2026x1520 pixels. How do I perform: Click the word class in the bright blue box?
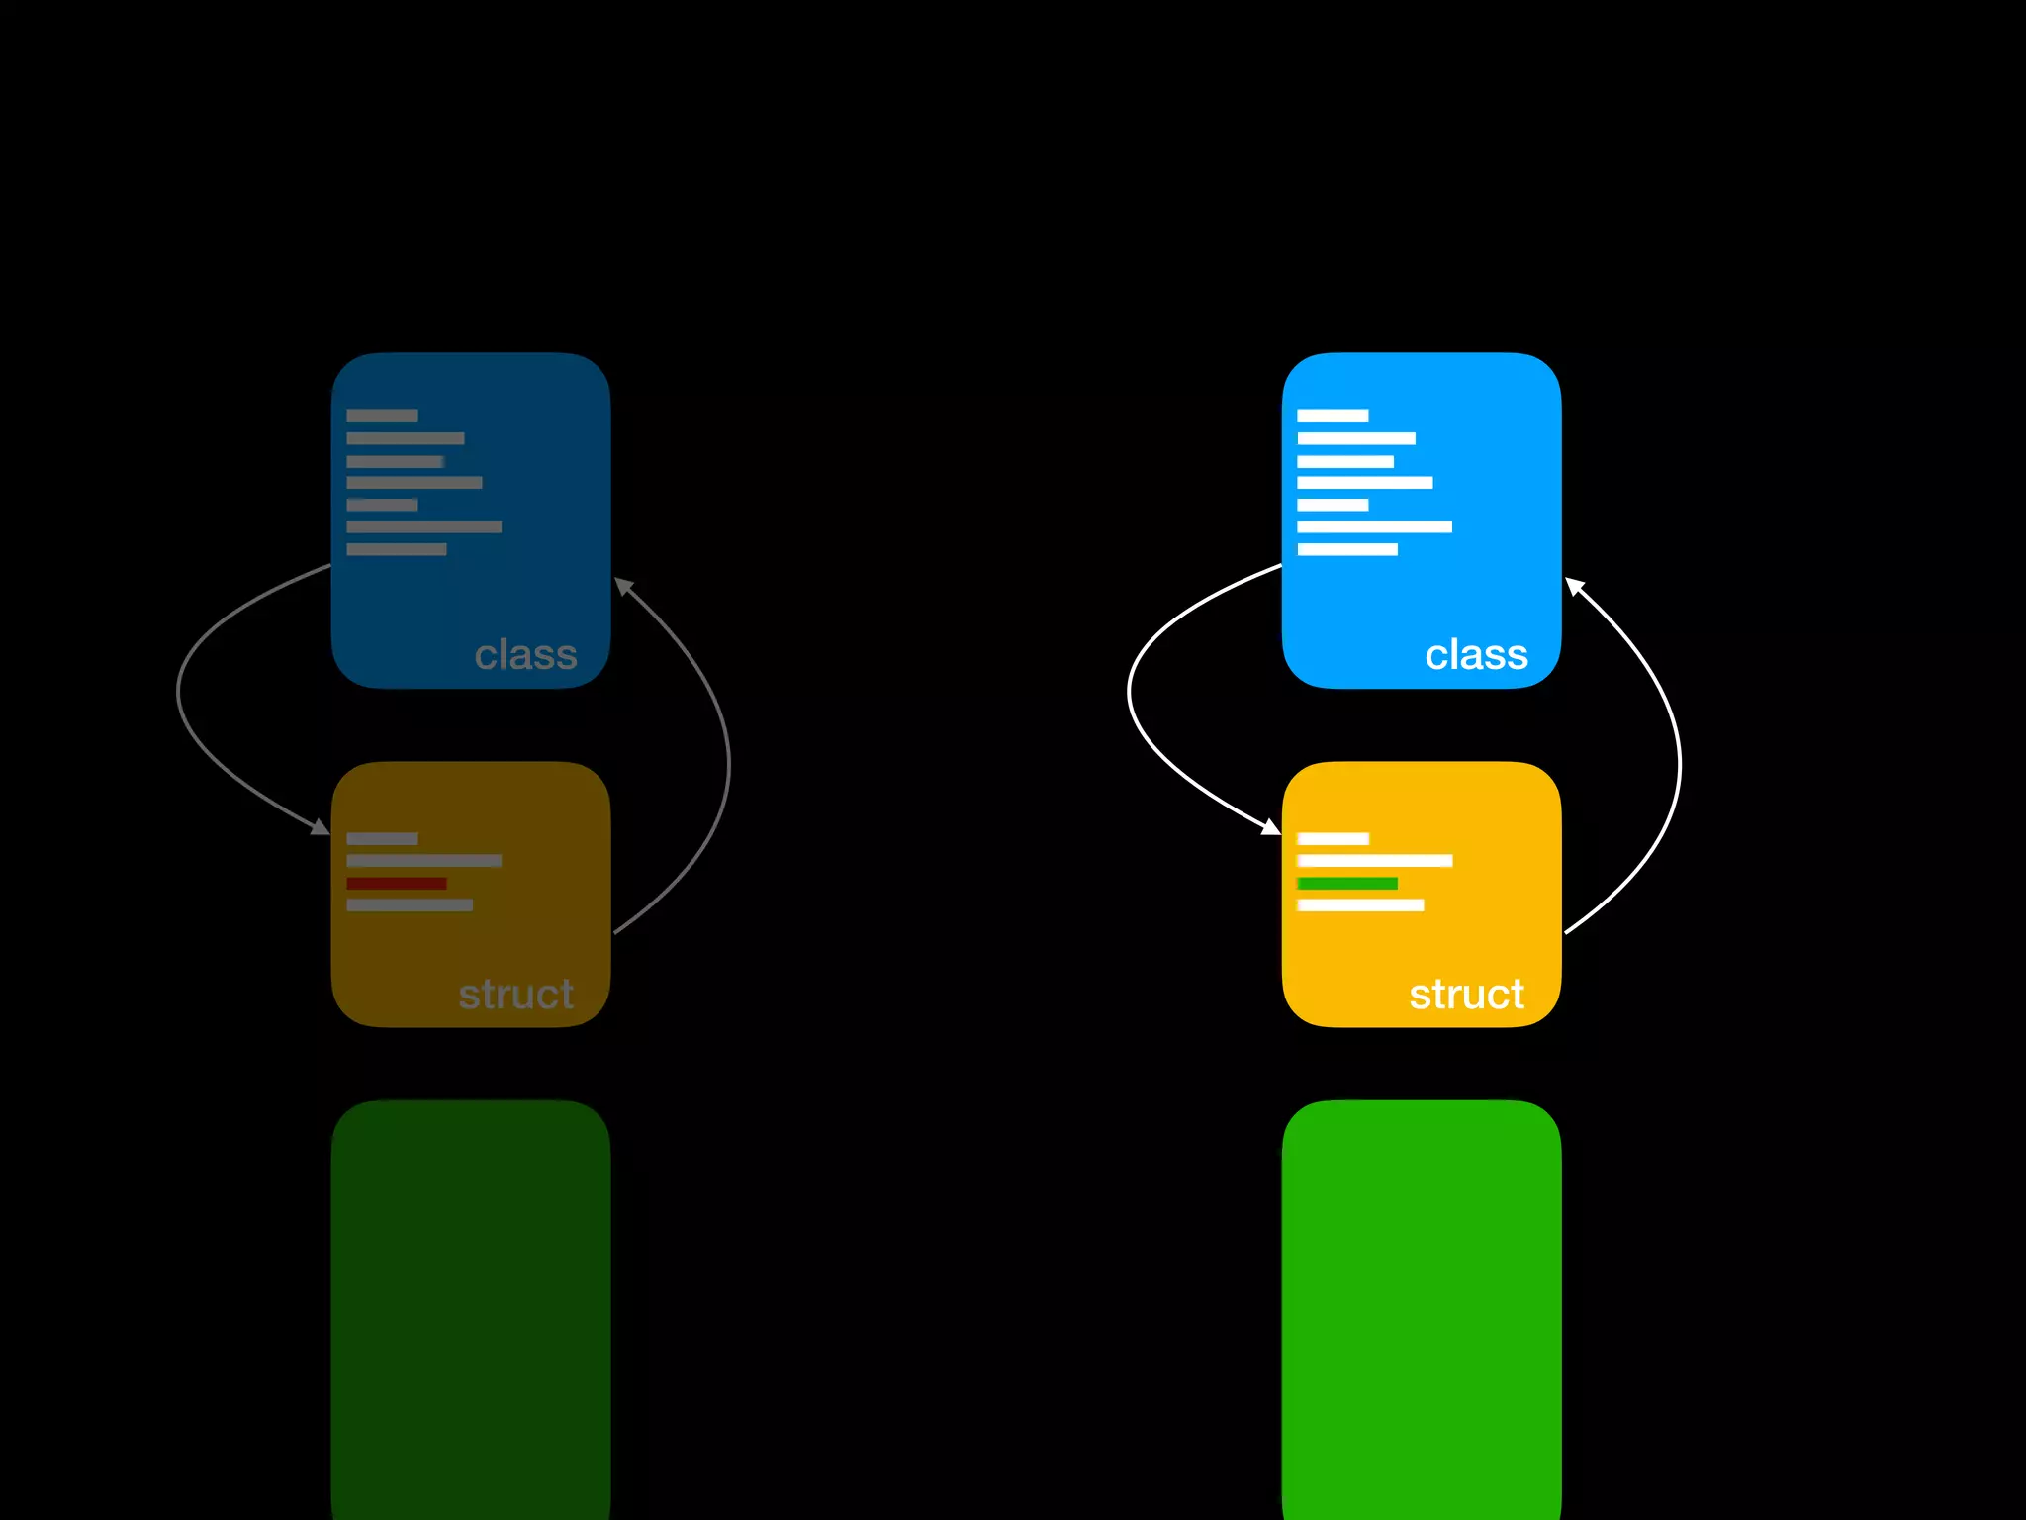[x=1476, y=655]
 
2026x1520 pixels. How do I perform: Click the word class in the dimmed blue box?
[x=525, y=655]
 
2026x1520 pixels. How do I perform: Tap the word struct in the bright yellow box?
[x=1466, y=995]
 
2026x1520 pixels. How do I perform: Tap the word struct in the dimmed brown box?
[x=515, y=995]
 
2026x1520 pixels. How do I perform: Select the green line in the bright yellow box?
[x=1346, y=883]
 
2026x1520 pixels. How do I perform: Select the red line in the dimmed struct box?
[x=396, y=883]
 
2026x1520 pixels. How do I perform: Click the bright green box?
[x=1422, y=1306]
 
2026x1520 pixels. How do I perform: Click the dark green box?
[x=471, y=1306]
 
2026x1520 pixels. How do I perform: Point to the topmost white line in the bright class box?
[x=1333, y=416]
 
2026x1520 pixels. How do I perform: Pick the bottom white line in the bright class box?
[x=1347, y=549]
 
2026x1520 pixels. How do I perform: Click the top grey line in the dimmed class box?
[x=382, y=416]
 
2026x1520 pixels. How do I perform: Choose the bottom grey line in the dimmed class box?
[x=396, y=549]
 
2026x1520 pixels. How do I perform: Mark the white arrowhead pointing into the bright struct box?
[x=1271, y=827]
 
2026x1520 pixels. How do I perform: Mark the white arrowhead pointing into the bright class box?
[x=1574, y=586]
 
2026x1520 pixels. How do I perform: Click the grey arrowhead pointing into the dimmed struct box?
[x=321, y=827]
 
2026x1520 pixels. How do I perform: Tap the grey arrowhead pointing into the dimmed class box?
[x=623, y=586]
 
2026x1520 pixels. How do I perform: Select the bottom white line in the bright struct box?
[x=1360, y=904]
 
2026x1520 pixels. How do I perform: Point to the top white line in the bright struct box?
[x=1333, y=839]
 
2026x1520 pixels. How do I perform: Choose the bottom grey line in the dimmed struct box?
[x=410, y=904]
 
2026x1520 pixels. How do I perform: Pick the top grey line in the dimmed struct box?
[x=382, y=839]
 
